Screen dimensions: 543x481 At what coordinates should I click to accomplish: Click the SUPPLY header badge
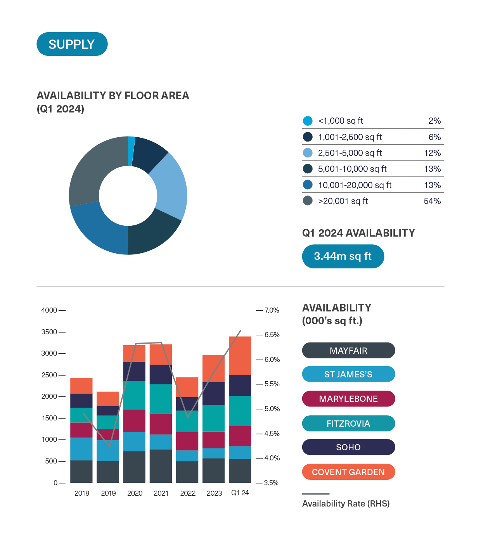(x=72, y=44)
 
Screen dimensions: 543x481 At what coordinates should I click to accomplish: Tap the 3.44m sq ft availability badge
(x=343, y=256)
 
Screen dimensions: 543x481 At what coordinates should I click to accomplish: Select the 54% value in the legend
(x=432, y=201)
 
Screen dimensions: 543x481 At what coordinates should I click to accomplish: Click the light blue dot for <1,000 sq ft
(x=308, y=121)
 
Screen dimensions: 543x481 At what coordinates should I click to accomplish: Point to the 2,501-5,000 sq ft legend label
(x=350, y=153)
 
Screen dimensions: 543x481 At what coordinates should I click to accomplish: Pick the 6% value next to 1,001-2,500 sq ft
(x=434, y=137)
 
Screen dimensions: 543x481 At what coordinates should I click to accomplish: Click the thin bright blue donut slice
(x=131, y=151)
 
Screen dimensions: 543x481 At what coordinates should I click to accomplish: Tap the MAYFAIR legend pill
(x=348, y=351)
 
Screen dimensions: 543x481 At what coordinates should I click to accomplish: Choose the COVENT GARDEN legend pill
(x=348, y=472)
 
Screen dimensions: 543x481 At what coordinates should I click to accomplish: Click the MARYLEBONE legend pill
(x=348, y=399)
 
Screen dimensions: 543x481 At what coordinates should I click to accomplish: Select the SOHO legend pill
(x=348, y=447)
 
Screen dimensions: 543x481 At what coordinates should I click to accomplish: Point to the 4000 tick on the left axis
(x=49, y=310)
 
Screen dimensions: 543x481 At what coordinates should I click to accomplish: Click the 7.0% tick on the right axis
(x=272, y=310)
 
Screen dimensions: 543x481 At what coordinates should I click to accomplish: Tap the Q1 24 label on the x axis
(x=240, y=493)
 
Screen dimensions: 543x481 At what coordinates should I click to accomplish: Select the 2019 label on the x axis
(x=108, y=493)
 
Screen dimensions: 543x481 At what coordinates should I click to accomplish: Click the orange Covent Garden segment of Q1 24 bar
(x=240, y=355)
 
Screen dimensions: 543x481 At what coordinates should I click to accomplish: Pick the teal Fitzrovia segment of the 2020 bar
(x=134, y=395)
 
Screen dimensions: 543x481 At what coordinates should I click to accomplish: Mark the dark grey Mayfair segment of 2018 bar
(x=81, y=471)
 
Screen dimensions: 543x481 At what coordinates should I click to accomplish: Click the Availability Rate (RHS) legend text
(x=346, y=503)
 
